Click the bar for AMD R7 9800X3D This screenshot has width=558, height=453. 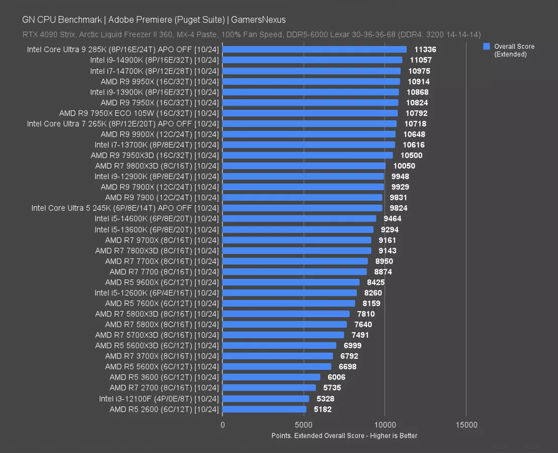(x=304, y=166)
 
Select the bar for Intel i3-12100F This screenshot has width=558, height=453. (x=266, y=399)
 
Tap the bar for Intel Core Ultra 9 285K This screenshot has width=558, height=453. (x=314, y=49)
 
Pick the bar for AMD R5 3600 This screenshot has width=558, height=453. (x=271, y=377)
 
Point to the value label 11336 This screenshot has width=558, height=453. (x=425, y=49)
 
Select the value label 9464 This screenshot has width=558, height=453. (x=392, y=218)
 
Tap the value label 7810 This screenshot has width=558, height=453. (x=366, y=314)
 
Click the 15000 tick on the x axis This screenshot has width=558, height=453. (x=466, y=425)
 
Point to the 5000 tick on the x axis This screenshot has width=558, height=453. (x=304, y=425)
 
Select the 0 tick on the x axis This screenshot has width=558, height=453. (x=223, y=425)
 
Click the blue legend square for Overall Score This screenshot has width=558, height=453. (x=487, y=46)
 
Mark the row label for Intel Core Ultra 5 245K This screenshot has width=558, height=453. (x=125, y=208)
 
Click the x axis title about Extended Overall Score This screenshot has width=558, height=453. (x=344, y=435)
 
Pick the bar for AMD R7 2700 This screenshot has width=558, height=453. (x=269, y=388)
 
